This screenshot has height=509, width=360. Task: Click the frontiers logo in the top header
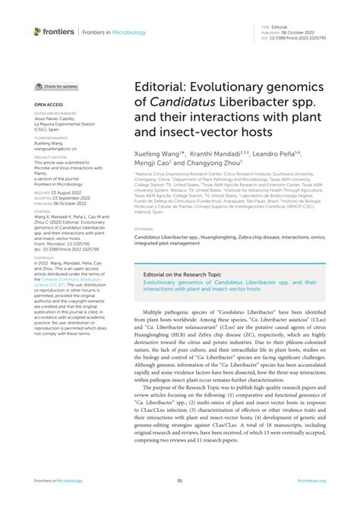(54, 31)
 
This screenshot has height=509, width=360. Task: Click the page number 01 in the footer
(180, 480)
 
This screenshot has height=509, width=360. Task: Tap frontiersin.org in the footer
(311, 480)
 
